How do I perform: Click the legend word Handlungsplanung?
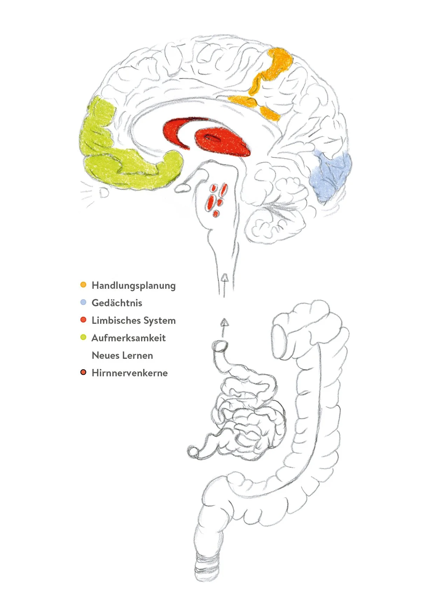[133, 286]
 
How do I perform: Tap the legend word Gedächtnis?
[117, 303]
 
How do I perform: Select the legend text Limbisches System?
[133, 320]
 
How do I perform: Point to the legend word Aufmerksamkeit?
[128, 338]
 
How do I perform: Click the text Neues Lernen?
[122, 355]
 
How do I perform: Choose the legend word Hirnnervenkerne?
[129, 373]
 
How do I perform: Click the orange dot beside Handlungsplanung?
[83, 285]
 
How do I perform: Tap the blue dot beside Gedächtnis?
[83, 302]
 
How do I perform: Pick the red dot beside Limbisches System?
[83, 320]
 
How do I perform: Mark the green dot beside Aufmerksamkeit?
[83, 337]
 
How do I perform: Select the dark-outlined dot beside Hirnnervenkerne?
[83, 372]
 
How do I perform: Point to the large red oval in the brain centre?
[222, 142]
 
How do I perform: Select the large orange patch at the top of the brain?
[275, 67]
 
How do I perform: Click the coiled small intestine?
[248, 417]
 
